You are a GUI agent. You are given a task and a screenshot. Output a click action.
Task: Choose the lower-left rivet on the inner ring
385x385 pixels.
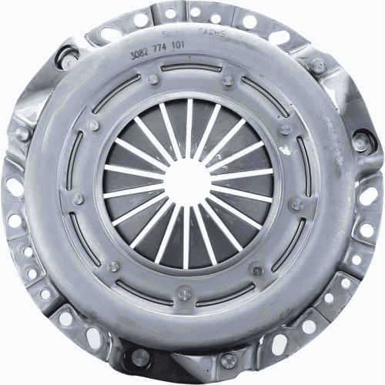(x=113, y=266)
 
